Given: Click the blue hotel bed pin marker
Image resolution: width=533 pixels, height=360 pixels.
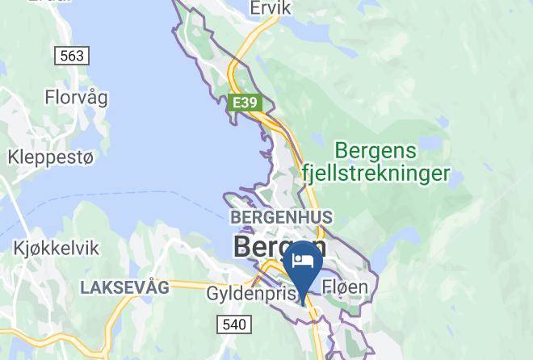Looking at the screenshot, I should [x=304, y=268].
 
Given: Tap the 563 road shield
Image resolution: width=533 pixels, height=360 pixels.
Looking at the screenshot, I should [x=72, y=56].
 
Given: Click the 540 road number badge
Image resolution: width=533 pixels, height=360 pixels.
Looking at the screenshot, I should [x=235, y=324].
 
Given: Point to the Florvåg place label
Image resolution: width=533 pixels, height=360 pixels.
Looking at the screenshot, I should [x=76, y=98].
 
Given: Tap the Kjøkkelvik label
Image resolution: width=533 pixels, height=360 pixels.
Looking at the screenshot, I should [x=56, y=248].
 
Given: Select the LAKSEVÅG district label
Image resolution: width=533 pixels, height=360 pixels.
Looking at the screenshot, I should [x=124, y=287].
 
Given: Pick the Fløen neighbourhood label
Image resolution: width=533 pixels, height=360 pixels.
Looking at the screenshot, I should [x=345, y=287].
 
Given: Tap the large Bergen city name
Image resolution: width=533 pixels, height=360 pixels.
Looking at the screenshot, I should [x=279, y=245].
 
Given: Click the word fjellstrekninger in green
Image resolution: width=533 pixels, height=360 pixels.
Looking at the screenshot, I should [x=375, y=173].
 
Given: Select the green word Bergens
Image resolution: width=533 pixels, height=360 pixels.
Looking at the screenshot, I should [x=376, y=150].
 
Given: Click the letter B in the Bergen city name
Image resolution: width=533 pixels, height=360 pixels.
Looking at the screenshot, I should [x=241, y=245].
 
